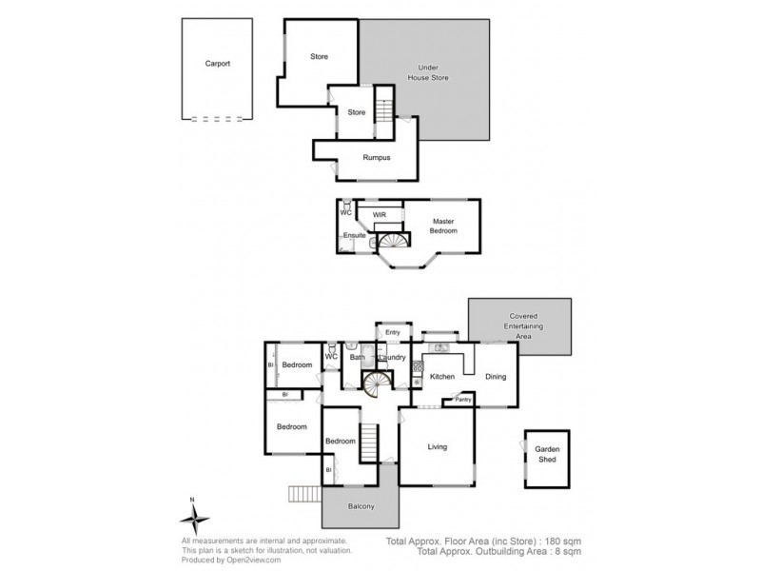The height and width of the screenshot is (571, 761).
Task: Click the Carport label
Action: coord(218,64)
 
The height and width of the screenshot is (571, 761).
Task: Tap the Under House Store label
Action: coord(434,72)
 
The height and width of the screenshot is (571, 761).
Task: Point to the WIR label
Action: coord(379,215)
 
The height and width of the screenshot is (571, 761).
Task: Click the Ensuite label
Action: coord(355,234)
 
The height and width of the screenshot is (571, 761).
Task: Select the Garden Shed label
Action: coord(546,454)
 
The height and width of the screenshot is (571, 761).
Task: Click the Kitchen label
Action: coord(442,377)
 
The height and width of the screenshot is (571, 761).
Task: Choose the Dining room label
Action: coord(496,376)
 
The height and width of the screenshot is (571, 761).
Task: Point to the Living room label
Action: coord(437,446)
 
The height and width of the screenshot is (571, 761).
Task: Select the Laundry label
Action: coord(392,358)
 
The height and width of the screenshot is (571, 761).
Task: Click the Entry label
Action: coord(392,332)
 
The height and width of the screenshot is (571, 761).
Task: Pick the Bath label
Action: coord(357,358)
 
